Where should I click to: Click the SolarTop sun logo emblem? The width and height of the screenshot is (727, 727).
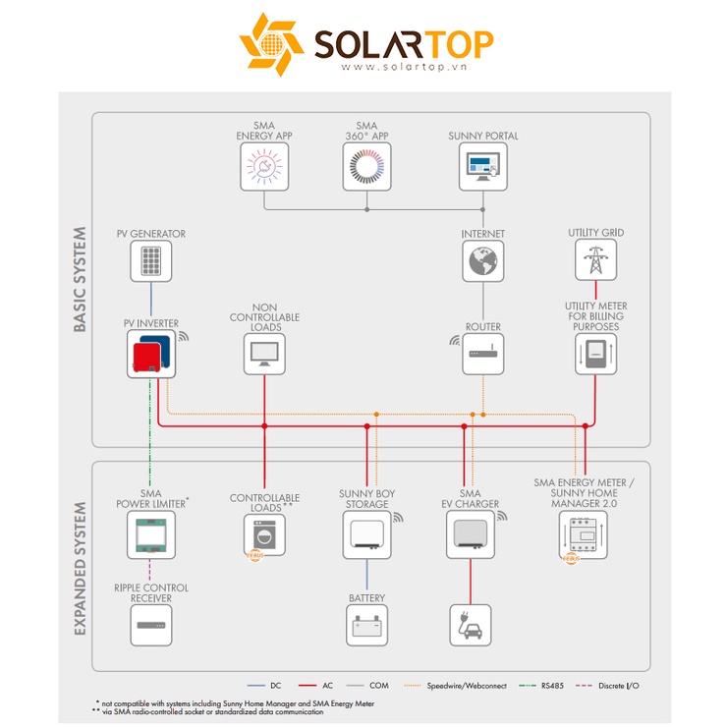271,44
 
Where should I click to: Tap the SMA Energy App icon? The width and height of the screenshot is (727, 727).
264,166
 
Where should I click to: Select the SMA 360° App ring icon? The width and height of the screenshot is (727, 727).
366,166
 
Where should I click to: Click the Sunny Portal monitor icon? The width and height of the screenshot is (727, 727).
483,166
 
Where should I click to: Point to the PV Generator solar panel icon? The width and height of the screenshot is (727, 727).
151,261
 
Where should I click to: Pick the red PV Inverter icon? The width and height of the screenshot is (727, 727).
151,354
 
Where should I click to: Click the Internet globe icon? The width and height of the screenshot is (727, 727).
483,261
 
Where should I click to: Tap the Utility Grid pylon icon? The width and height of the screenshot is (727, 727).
595,259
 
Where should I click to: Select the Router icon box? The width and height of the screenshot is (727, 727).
483,354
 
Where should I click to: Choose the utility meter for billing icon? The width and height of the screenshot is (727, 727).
595,354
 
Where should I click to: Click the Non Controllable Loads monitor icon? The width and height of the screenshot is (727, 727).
264,354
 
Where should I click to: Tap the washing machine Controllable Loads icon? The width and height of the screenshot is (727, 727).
264,535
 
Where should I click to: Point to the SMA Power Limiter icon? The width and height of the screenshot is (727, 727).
151,535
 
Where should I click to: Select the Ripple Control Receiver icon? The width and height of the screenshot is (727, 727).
151,625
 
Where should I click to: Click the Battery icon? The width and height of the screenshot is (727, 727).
366,625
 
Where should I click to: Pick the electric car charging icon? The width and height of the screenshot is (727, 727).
471,625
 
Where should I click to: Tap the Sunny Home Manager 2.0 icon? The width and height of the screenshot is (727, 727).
584,535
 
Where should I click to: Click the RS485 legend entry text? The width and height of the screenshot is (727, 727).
552,686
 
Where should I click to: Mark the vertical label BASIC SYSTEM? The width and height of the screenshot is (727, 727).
80,279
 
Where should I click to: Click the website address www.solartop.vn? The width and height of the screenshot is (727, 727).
404,67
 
